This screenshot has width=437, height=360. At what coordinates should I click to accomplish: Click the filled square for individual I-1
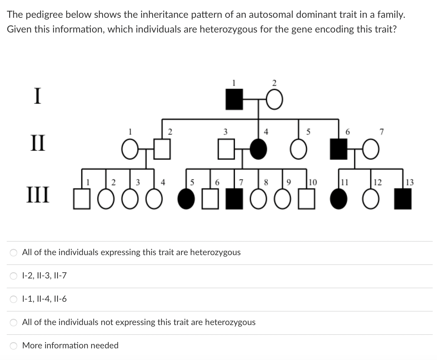[234, 100]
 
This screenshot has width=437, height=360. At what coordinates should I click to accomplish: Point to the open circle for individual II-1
[130, 150]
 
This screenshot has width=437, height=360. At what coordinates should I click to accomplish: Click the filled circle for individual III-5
[186, 201]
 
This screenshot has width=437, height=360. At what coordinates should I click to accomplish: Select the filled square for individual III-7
[234, 201]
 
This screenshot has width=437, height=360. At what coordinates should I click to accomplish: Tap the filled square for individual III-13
[403, 201]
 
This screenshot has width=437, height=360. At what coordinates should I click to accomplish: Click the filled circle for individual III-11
[338, 201]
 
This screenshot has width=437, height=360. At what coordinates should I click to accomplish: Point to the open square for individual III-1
[82, 201]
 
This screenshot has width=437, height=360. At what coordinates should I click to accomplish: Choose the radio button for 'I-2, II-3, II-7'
[14, 276]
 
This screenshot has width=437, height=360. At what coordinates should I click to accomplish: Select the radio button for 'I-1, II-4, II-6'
[14, 299]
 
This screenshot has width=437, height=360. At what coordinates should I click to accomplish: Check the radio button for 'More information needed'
[14, 346]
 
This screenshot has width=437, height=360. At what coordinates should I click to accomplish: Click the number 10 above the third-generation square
[313, 182]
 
